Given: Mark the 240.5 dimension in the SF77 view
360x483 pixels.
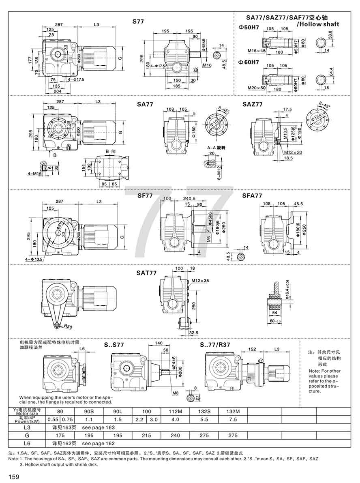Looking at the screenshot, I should [x=189, y=199].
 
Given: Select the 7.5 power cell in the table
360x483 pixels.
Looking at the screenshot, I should [x=233, y=419].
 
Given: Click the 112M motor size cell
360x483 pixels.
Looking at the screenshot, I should [x=176, y=412].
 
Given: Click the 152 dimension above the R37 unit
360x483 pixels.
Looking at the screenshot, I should [x=252, y=349].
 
